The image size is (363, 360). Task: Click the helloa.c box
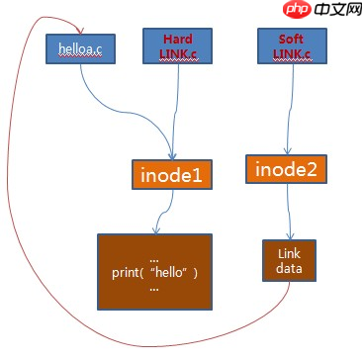[x=80, y=48]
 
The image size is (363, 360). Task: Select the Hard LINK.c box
[x=177, y=45]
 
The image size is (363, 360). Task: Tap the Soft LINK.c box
[x=292, y=45]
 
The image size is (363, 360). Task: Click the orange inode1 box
[x=172, y=174]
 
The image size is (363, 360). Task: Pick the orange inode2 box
[x=286, y=169]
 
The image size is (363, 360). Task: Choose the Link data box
[x=289, y=260]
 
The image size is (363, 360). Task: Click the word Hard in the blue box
[x=178, y=40]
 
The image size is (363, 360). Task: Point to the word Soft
[x=291, y=40]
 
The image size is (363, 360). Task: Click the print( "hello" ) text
[x=155, y=273]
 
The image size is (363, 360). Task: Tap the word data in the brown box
[x=289, y=268]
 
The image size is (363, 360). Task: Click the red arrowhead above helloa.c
[x=81, y=31]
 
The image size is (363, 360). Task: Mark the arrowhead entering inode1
[x=172, y=155]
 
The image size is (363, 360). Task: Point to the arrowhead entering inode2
[x=287, y=150]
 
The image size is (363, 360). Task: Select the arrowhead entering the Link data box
[x=290, y=235]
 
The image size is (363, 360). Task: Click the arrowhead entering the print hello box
[x=156, y=229]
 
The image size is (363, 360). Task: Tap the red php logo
[x=297, y=10]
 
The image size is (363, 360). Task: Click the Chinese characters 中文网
[x=338, y=10]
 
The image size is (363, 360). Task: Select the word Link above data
[x=289, y=253]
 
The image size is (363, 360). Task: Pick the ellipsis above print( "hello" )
[x=154, y=260]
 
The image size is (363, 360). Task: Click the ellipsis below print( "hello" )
[x=154, y=289]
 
